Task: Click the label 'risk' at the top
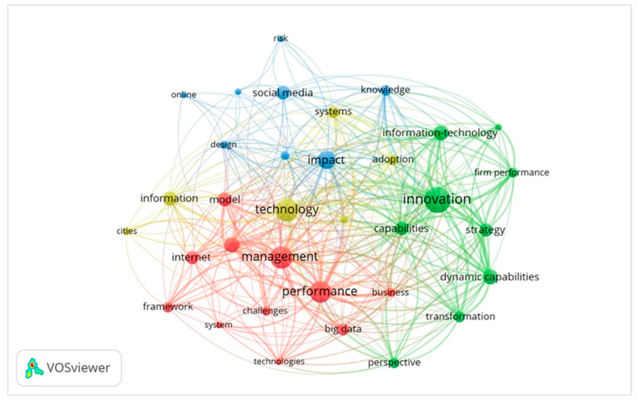click(x=280, y=39)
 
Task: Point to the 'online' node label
click(x=184, y=95)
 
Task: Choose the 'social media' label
click(x=283, y=93)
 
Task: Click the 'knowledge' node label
click(x=385, y=90)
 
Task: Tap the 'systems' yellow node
click(x=333, y=112)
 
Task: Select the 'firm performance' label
click(x=512, y=173)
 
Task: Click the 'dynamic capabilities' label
click(x=489, y=277)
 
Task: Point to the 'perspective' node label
click(x=394, y=362)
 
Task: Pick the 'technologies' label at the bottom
click(x=279, y=361)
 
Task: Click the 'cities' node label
click(x=127, y=231)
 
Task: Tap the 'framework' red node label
click(x=168, y=306)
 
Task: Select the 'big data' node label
click(x=343, y=329)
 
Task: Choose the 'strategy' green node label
click(x=485, y=230)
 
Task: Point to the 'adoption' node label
click(x=393, y=159)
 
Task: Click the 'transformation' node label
click(x=460, y=316)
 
